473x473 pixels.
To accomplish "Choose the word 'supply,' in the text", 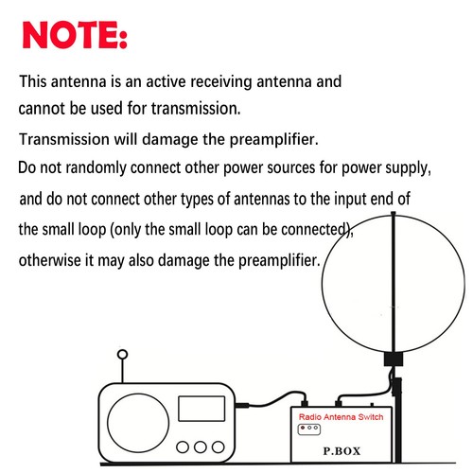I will (x=409, y=169).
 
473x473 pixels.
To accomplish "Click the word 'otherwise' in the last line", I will (x=54, y=259).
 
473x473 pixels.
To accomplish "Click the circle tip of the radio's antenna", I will (x=121, y=358).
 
